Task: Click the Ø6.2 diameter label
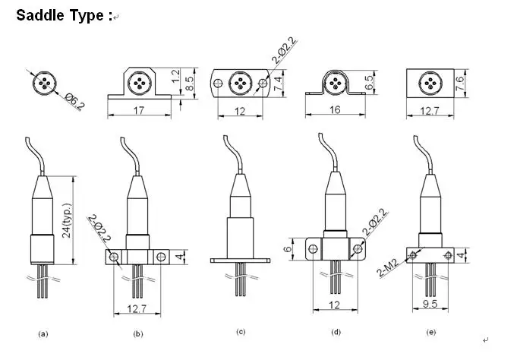point(73,98)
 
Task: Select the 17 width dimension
point(138,110)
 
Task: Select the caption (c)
point(240,332)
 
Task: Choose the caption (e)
point(432,332)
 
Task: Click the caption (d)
point(335,332)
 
